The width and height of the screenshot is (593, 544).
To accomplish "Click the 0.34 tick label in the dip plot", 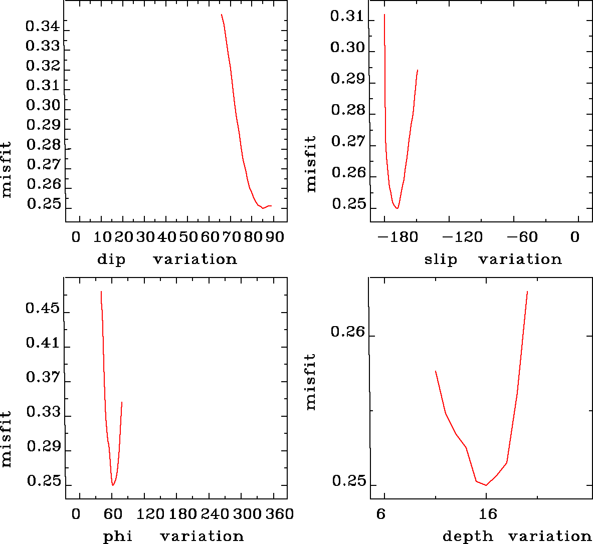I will coord(43,26).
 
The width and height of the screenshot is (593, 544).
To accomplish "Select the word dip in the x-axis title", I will coord(111,259).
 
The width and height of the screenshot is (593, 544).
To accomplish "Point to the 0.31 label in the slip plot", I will coord(347,17).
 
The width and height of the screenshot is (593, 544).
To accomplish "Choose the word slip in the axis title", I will coord(441,259).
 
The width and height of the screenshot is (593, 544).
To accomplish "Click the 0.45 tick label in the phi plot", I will coord(43,308).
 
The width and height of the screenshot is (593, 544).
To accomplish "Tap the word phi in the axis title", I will coord(118,536).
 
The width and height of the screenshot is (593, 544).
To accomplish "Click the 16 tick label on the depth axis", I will coord(488,514).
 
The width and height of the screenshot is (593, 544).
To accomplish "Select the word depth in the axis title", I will coord(468,536).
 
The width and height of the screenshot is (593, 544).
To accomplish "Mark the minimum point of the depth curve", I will coord(486,485).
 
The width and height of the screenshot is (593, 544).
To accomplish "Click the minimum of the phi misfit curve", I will coord(113,485).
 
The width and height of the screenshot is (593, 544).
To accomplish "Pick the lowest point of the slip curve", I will coord(397,208).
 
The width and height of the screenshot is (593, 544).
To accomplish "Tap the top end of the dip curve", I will coord(221,15).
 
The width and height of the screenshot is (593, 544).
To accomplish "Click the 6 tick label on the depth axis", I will coord(382,514).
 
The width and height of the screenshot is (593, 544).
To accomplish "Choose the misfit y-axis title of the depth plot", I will coord(311,382).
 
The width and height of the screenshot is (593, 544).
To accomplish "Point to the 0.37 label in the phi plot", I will coord(43,377).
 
